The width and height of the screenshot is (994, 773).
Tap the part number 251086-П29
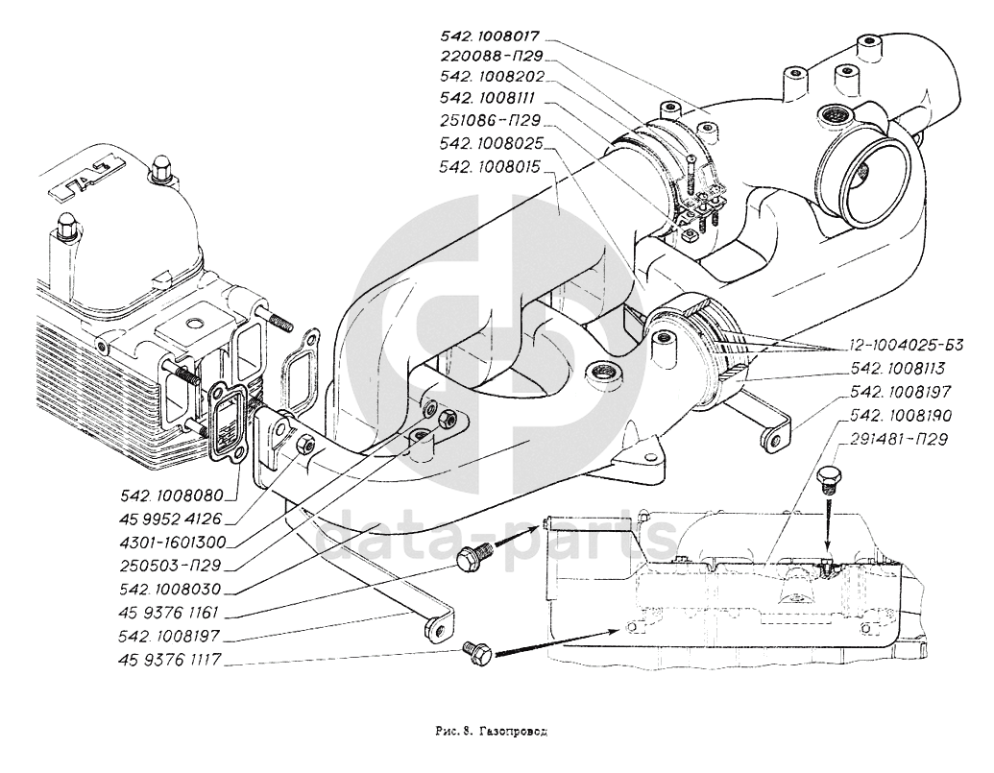click(x=489, y=122)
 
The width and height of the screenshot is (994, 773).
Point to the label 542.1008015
click(x=490, y=166)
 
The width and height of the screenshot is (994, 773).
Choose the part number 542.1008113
click(x=899, y=367)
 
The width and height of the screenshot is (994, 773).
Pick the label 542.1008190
click(x=899, y=416)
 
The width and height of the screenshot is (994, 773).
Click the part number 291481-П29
click(x=899, y=440)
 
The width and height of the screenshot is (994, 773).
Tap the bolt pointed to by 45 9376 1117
click(x=476, y=652)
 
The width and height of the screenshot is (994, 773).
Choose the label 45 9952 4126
click(x=180, y=519)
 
